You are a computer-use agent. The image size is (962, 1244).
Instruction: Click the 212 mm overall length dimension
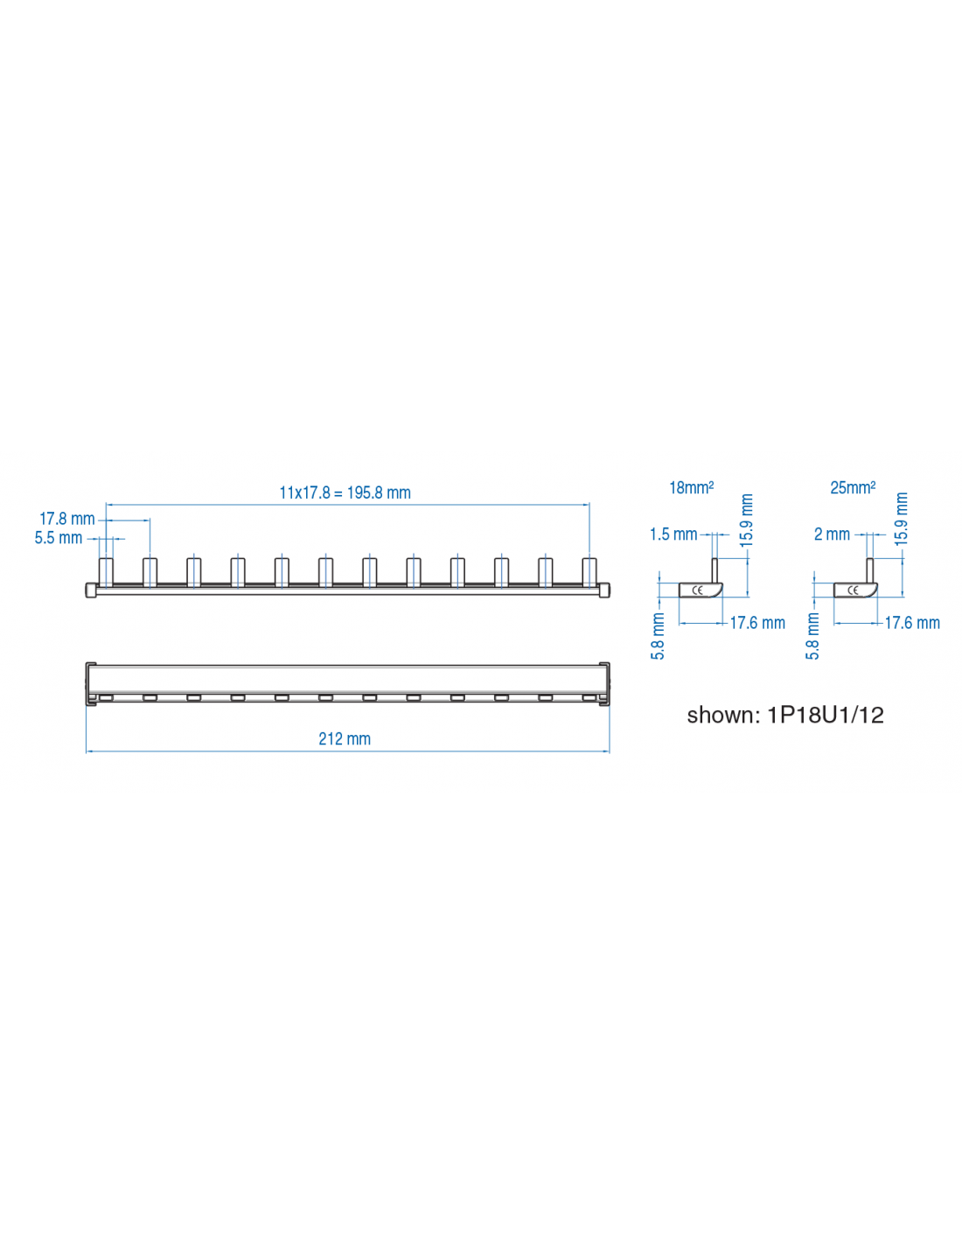tap(345, 739)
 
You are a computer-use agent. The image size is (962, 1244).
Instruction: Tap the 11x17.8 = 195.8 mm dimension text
tap(345, 493)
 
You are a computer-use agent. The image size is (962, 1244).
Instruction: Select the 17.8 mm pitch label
tap(66, 519)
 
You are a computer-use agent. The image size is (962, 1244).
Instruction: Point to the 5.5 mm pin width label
tap(58, 538)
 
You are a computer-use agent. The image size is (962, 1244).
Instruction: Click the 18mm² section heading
tap(691, 487)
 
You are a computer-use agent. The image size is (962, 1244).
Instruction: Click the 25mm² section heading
tap(853, 487)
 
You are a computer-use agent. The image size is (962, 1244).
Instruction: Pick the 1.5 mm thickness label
tap(673, 535)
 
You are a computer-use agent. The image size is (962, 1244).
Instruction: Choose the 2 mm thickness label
tap(832, 535)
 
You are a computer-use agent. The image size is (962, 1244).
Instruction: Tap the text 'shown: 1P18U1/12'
tap(785, 716)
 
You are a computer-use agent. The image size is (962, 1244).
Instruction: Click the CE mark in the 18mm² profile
tap(698, 591)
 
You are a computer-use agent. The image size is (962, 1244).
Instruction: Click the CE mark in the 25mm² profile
tap(853, 591)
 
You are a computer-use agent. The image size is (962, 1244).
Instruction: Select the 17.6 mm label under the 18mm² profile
tap(757, 623)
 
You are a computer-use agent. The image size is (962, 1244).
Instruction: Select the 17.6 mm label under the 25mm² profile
tap(912, 623)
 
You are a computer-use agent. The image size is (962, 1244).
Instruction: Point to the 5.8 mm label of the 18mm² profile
tap(659, 636)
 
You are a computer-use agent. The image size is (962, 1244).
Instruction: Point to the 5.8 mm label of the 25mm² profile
tap(813, 636)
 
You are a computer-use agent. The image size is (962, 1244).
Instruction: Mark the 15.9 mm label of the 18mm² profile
tap(747, 521)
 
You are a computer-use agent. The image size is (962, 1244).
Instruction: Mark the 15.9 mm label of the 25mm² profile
tap(902, 520)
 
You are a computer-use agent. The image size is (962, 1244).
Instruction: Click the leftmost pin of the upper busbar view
tap(106, 572)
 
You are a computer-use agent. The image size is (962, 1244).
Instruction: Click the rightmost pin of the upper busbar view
tap(589, 572)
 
